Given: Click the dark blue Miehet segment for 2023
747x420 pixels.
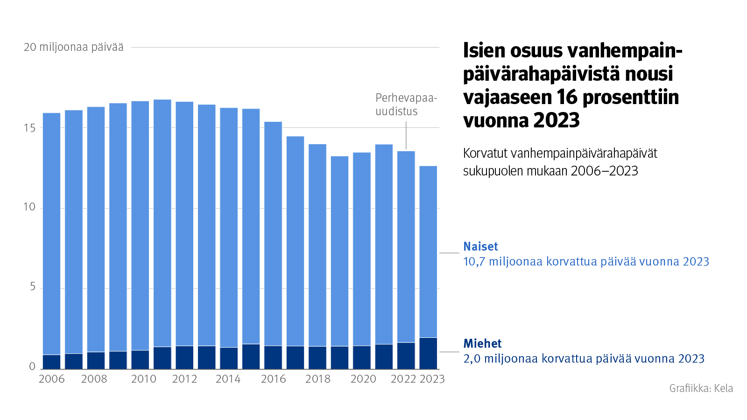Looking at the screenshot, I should [428, 353].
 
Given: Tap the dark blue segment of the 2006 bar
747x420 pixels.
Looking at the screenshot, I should [51, 362].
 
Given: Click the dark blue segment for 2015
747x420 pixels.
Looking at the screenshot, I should [251, 357].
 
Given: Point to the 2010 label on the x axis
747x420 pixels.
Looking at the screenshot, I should [143, 379].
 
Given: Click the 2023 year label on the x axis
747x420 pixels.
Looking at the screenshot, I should [432, 379].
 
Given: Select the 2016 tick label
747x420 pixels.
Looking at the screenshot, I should [273, 379].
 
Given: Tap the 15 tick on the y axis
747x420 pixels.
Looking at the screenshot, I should [29, 128].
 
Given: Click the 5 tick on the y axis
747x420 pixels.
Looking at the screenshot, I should [33, 287].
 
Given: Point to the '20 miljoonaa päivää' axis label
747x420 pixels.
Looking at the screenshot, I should [74, 47].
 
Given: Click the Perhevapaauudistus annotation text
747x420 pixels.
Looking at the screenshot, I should [406, 105].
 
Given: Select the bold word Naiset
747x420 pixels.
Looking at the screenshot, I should [480, 246].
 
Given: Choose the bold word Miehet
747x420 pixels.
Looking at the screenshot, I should [482, 343].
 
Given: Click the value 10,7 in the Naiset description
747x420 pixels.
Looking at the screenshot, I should [474, 262].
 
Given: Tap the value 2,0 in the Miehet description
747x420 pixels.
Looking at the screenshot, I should [472, 359].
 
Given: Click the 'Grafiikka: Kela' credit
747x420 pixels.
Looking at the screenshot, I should [701, 388].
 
